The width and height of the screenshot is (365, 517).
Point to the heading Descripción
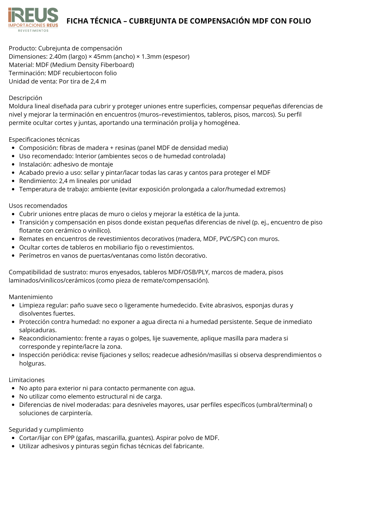[x=25, y=98]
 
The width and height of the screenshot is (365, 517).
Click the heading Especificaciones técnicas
[x=44, y=140]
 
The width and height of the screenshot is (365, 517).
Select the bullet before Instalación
[x=13, y=165]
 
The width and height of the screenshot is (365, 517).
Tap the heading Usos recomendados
[x=38, y=206]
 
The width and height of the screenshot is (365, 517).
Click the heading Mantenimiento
[x=31, y=297]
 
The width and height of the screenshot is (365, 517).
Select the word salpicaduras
[x=38, y=330]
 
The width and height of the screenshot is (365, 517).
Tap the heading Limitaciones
[x=27, y=380]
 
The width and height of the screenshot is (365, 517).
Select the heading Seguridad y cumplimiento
[x=46, y=430]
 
